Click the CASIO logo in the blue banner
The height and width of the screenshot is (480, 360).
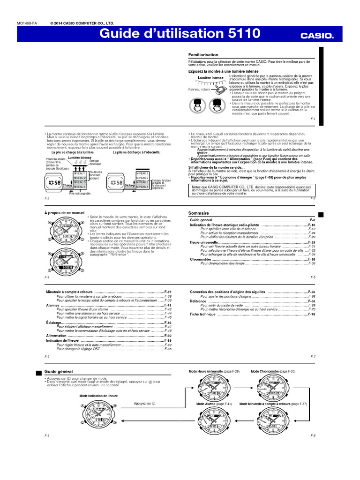316,35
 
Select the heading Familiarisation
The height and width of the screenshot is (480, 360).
203,55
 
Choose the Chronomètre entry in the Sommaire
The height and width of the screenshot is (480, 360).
200,259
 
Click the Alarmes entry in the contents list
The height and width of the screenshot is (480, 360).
53,305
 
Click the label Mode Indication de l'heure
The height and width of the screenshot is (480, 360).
98,396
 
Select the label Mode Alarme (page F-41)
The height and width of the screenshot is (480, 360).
214,404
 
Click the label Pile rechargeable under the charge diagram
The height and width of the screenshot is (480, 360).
80,194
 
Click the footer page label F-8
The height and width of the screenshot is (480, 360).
47,435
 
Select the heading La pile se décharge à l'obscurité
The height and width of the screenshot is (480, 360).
136,152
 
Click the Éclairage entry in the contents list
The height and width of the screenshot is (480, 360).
54,323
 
